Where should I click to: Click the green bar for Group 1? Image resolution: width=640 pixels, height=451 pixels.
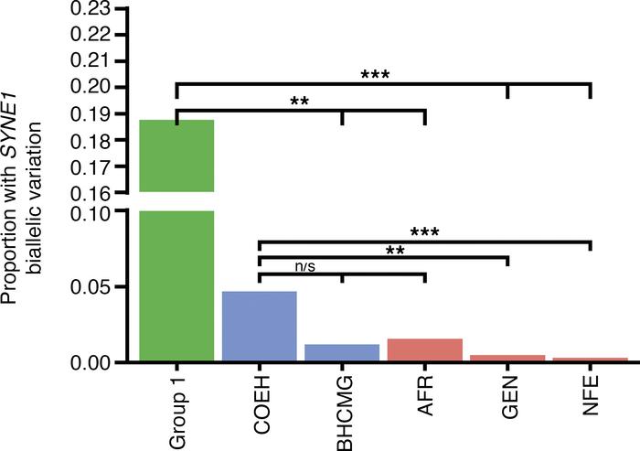(176, 274)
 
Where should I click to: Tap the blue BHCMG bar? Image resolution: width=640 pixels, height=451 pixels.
(342, 351)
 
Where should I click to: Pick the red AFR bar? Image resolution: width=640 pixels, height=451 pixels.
(425, 349)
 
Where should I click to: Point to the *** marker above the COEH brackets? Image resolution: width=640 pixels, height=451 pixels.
(425, 232)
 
